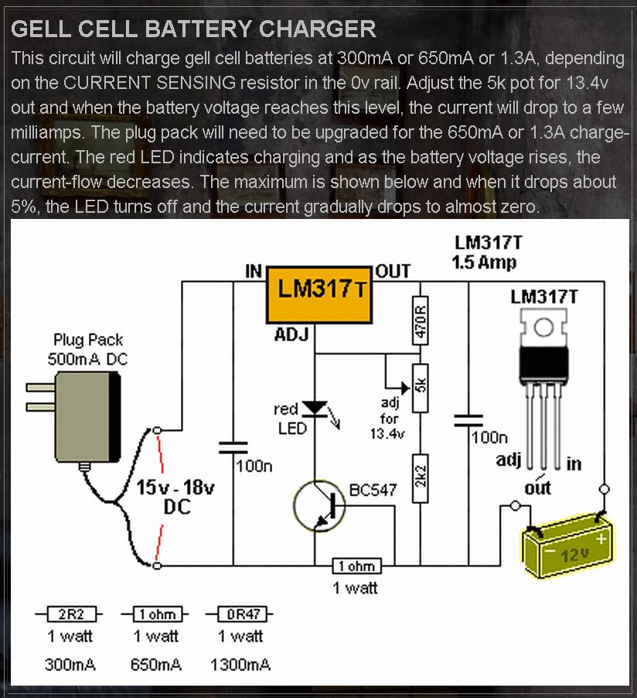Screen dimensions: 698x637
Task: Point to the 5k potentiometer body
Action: coord(420,385)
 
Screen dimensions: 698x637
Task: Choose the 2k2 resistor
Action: coord(420,477)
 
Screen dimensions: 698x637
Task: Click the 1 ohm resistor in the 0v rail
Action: coord(356,566)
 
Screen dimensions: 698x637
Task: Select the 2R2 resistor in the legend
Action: coord(66,615)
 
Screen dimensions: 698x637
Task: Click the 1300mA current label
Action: coord(240,665)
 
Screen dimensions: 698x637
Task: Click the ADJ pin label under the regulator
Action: coord(291,334)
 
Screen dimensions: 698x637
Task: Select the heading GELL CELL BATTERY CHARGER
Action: coord(193,29)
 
